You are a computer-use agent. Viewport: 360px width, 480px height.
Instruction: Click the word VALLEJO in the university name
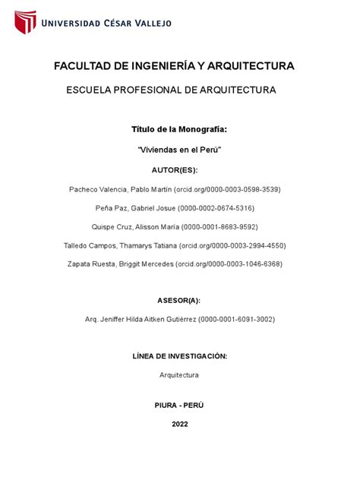coord(149,23)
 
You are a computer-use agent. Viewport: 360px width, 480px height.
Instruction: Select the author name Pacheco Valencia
coord(98,188)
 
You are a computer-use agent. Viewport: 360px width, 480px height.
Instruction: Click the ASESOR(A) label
coord(179,301)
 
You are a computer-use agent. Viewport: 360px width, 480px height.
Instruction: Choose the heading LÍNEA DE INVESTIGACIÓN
coord(179,356)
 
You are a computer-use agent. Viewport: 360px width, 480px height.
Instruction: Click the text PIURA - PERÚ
coord(179,406)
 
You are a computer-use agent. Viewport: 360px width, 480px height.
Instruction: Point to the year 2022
coord(179,424)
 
